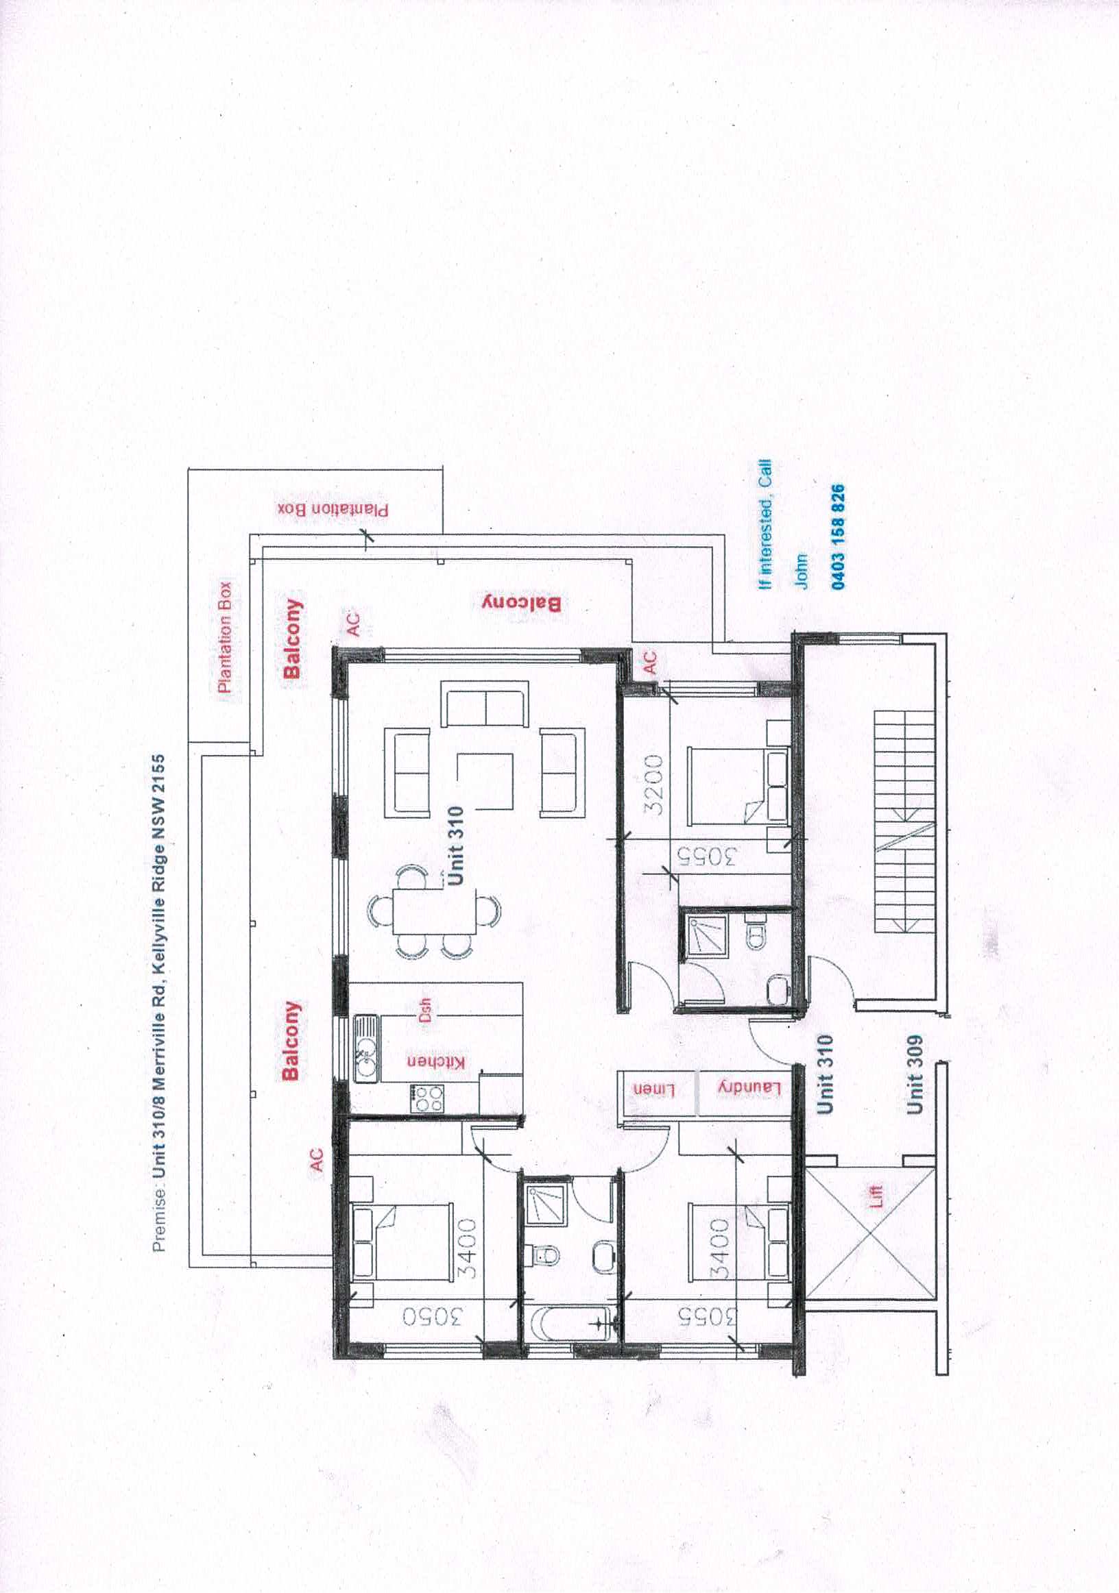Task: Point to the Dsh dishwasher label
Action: (425, 1009)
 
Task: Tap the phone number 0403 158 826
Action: (838, 537)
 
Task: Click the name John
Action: (802, 571)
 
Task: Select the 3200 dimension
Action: (654, 785)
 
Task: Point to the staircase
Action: (904, 822)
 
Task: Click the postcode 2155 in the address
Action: (159, 773)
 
